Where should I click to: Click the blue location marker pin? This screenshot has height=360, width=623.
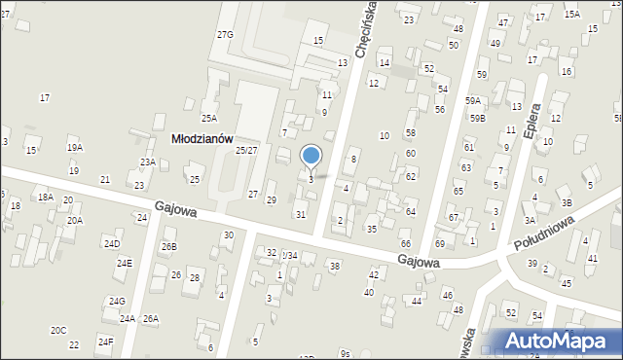[311, 156]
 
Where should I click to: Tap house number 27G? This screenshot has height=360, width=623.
[225, 35]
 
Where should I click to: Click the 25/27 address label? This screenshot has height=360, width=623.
[246, 150]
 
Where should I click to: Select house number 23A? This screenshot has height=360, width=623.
[148, 162]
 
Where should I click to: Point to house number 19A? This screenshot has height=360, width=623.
[75, 148]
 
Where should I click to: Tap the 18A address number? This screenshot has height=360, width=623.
[45, 197]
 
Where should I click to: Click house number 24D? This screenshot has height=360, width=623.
[112, 243]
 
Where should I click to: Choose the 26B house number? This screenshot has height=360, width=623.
[169, 247]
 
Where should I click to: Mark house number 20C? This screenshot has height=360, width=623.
[58, 331]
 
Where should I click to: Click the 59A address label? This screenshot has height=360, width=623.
[473, 100]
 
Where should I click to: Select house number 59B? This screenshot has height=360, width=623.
[477, 119]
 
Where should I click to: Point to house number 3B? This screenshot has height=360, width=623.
[566, 203]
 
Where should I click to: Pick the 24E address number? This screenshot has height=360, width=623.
[125, 264]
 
